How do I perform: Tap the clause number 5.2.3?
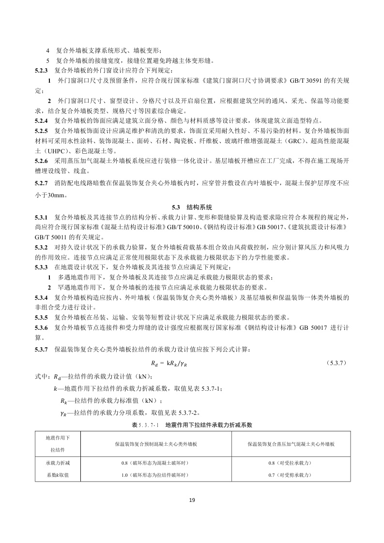[41, 70]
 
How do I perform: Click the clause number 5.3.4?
[41, 297]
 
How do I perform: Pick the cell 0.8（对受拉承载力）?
[291, 463]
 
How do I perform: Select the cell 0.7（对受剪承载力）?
[291, 475]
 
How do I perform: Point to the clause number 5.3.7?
[41, 349]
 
